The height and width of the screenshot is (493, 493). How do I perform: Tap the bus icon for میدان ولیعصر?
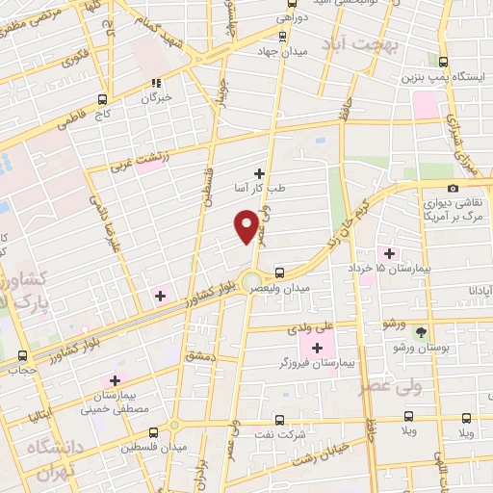point(279,272)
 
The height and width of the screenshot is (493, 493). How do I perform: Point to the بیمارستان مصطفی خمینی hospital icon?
point(116,380)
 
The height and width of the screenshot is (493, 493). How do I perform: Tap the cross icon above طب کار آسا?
point(258,172)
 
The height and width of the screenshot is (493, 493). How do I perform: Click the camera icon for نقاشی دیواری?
point(453,189)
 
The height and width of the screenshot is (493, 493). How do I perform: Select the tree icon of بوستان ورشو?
point(421,330)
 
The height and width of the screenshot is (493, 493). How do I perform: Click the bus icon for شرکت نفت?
point(279,420)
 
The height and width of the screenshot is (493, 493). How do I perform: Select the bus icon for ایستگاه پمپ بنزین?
point(443,60)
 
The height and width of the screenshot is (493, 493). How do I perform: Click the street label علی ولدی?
point(314,326)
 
